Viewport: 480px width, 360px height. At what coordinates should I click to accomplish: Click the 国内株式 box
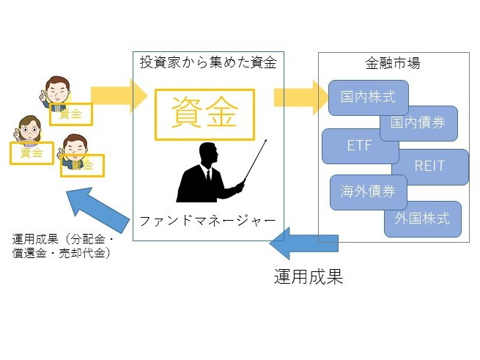(x=369, y=98)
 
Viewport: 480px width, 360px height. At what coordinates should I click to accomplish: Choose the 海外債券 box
(x=369, y=192)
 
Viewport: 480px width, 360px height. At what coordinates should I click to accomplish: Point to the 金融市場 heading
(x=393, y=63)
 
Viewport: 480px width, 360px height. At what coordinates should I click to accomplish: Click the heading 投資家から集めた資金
(x=208, y=62)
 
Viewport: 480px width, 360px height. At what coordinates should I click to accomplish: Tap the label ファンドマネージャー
(x=207, y=221)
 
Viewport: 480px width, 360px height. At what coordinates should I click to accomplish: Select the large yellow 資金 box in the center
(x=204, y=114)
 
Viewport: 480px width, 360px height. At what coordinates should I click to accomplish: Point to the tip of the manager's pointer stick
(x=266, y=140)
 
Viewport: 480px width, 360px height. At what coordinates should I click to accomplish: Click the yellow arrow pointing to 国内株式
(x=301, y=97)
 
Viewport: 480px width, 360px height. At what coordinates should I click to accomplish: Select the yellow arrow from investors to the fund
(x=119, y=95)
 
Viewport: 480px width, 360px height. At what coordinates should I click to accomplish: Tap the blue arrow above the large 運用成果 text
(x=303, y=243)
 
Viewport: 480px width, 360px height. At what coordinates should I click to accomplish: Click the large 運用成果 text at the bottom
(x=309, y=276)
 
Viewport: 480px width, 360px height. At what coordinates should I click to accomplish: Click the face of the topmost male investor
(x=58, y=92)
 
